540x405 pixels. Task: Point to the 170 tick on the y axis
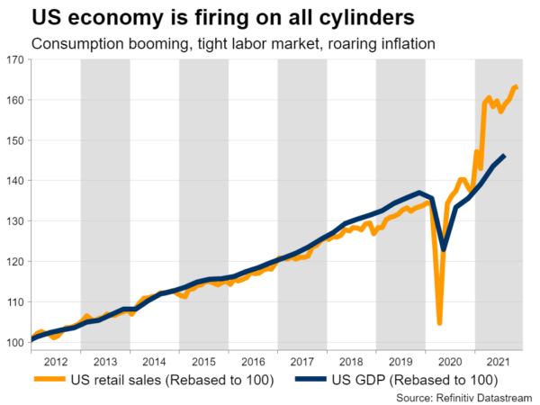coord(15,59)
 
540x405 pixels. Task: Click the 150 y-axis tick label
coord(15,140)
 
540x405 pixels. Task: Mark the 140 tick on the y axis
coord(15,181)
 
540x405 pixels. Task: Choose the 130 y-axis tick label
coord(15,221)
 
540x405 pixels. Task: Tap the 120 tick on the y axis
coord(15,262)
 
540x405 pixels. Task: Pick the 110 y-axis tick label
coord(15,302)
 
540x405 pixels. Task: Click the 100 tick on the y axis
coord(15,343)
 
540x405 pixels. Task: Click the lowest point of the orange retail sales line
coord(439,323)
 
